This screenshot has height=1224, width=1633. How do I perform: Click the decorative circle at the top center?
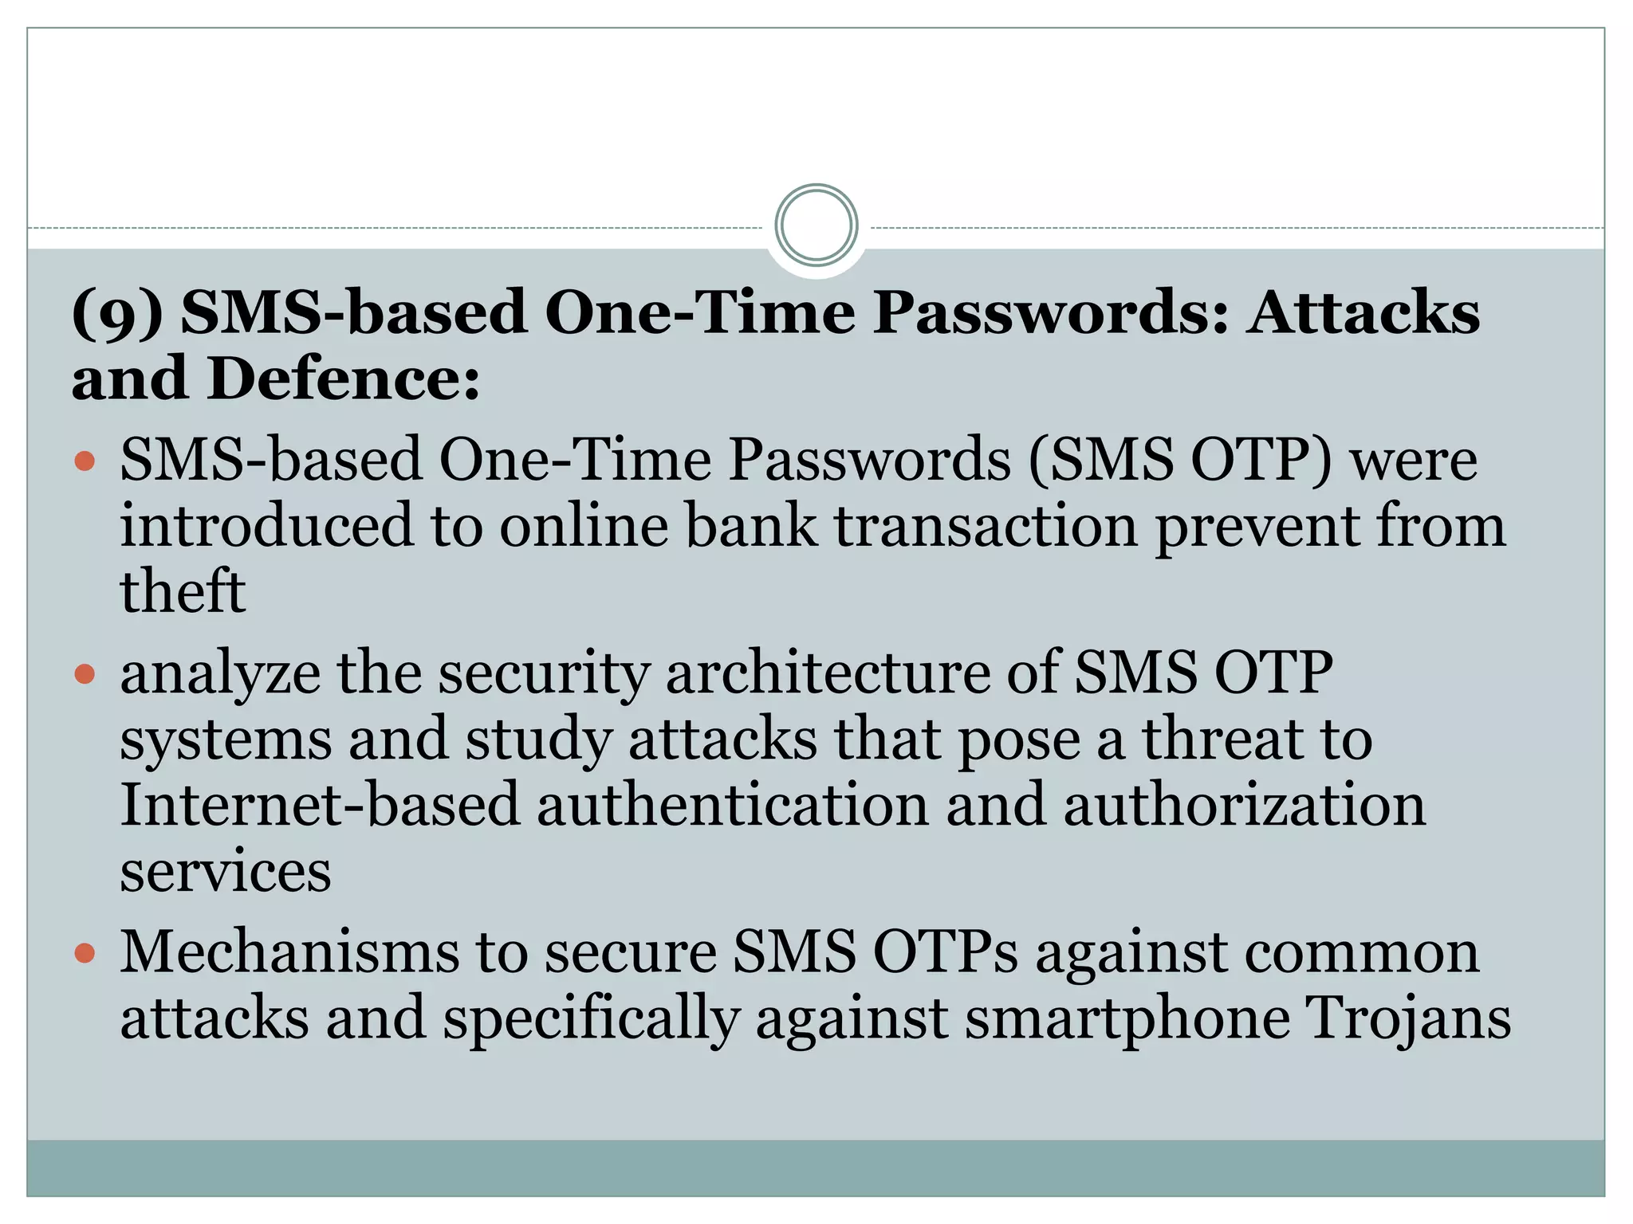816,225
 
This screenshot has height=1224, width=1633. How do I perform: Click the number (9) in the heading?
117,312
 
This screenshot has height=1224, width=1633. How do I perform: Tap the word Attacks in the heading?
1364,312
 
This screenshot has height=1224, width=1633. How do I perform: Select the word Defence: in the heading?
344,379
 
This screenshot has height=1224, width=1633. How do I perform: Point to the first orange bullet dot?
85,461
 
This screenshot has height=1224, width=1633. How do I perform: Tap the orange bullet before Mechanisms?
85,952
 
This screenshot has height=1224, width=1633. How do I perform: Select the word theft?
183,592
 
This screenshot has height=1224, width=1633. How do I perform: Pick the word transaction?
986,526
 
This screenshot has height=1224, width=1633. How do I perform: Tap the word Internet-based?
320,805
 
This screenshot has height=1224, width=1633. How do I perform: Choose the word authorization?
1244,805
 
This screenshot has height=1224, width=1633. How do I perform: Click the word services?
226,871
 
